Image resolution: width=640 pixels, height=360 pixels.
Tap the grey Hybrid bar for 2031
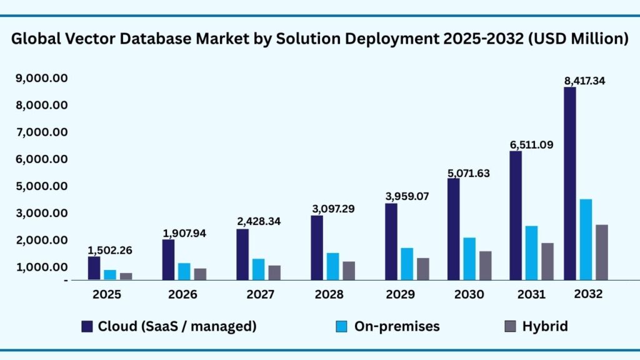click(x=547, y=261)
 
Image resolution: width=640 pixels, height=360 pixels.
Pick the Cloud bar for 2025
click(x=94, y=267)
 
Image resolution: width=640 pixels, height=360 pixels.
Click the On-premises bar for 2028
click(x=332, y=266)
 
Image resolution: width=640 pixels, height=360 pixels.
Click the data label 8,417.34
click(x=584, y=81)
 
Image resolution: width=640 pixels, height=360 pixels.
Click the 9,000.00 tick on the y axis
click(x=42, y=78)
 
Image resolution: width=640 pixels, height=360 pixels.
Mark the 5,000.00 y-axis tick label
click(x=42, y=186)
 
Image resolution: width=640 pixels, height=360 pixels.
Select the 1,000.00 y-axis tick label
click(x=42, y=267)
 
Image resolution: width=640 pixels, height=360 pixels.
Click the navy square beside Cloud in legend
click(x=87, y=326)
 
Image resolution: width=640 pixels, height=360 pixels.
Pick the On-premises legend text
click(x=397, y=326)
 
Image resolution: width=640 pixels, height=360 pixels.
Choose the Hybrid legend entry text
click(x=545, y=326)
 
